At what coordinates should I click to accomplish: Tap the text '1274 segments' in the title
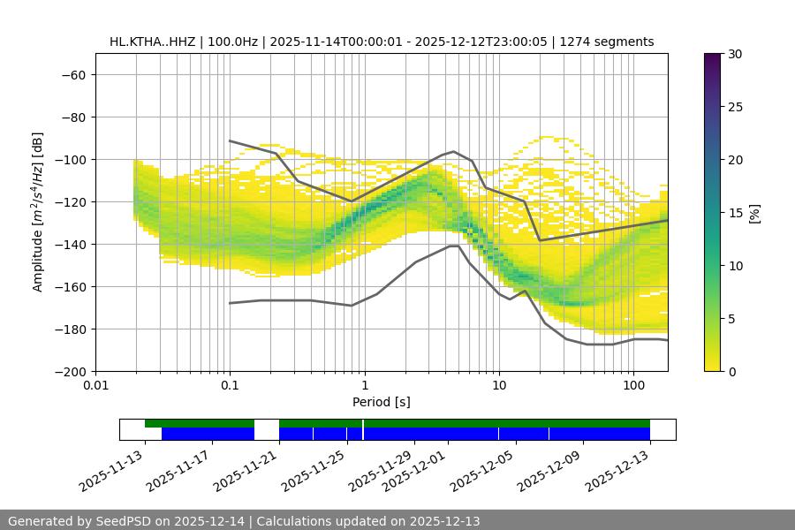[611, 42]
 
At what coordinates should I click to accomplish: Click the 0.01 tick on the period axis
[95, 386]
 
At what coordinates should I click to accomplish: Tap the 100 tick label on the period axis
[633, 386]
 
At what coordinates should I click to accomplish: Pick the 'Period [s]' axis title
[381, 402]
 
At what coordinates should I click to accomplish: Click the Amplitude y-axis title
[38, 212]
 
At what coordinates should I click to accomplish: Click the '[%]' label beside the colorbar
[754, 213]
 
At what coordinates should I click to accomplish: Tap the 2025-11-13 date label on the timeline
[110, 471]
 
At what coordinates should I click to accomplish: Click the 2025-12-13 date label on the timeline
[617, 471]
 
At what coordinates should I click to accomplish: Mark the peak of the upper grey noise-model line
[454, 151]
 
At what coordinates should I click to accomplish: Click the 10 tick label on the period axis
[498, 386]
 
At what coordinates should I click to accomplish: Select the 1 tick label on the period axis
[364, 386]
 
